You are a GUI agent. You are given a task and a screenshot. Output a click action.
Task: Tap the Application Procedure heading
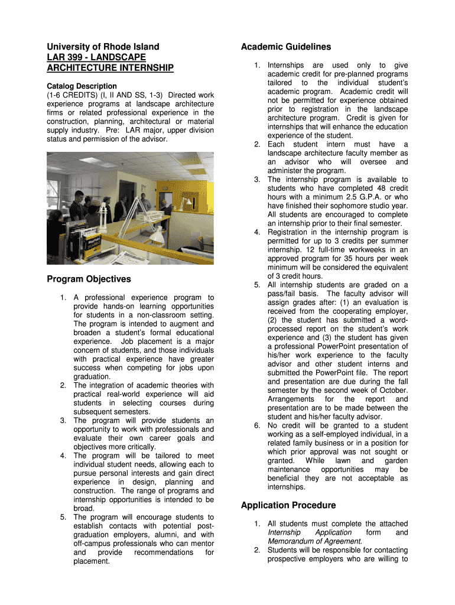coord(288,505)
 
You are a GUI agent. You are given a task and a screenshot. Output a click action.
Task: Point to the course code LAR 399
coord(64,57)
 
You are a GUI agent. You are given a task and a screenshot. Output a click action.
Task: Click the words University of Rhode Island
coord(103,47)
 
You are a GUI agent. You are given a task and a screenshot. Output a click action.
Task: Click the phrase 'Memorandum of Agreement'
coord(315,541)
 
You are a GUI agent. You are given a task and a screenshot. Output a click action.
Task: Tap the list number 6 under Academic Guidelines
coord(257,425)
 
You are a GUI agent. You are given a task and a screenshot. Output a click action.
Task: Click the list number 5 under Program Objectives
coord(63,517)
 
